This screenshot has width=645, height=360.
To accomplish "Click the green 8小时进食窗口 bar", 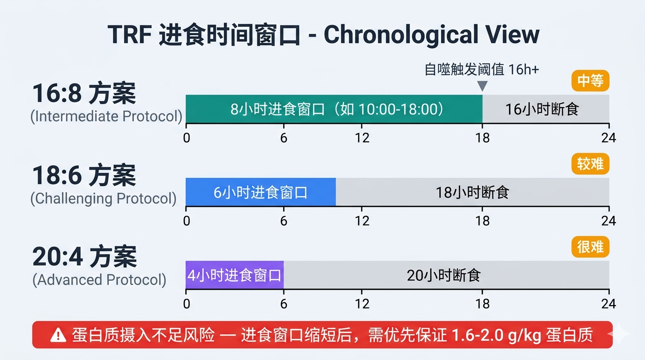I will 334,109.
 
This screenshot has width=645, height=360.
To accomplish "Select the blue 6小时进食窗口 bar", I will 261,192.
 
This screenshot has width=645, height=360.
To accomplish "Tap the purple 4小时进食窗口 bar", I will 234,275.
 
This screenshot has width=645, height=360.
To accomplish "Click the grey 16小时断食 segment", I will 546,109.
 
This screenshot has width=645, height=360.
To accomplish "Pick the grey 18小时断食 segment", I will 472,192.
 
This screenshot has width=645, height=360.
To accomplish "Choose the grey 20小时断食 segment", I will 446,275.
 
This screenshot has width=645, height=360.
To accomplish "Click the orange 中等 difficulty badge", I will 590,81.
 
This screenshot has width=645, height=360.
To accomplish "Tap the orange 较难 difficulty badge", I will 590,164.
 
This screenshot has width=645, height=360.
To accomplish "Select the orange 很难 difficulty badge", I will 590,247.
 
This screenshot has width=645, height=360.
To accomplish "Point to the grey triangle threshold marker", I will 482,86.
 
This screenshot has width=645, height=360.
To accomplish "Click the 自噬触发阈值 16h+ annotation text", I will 482,69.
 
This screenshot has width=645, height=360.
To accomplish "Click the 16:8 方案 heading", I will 84,93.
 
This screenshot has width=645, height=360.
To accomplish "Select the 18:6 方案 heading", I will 84,176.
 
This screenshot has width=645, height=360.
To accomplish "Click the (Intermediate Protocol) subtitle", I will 106,116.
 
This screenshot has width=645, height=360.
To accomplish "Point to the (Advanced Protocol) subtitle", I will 99,280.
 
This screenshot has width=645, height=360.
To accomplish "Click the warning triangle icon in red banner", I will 58,335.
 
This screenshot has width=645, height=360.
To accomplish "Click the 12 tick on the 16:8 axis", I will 362,138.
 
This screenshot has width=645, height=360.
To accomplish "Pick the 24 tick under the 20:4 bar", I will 608,304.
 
